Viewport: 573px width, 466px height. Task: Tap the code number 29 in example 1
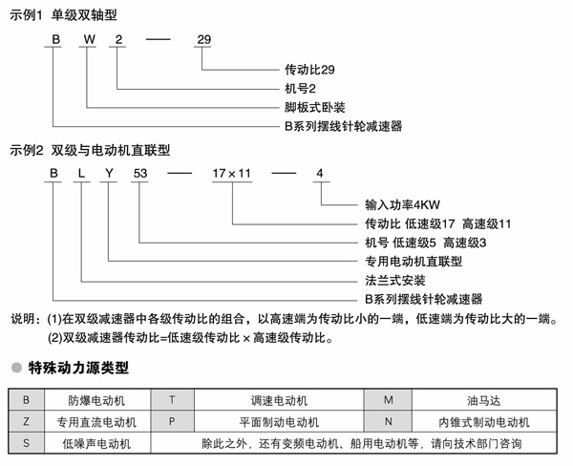[x=202, y=39]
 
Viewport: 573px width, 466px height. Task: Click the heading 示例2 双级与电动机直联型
[x=90, y=150]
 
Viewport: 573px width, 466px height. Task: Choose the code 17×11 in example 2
[x=229, y=173]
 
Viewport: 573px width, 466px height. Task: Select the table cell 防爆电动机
[x=95, y=399]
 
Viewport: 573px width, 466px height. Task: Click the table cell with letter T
[x=172, y=399]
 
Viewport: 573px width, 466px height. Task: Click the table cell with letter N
[x=389, y=421]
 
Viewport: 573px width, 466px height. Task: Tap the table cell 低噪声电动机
[x=95, y=444]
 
